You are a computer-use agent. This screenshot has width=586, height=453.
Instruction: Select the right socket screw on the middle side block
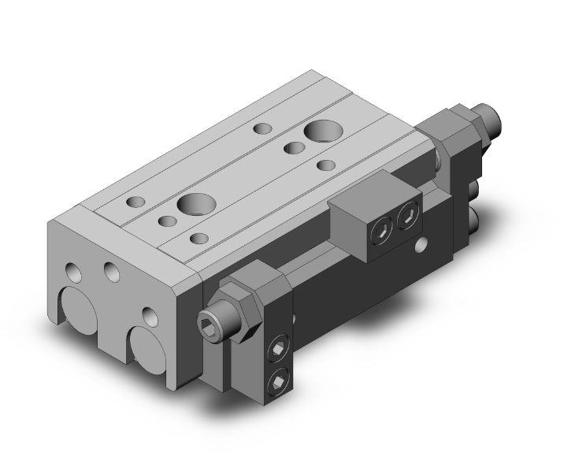point(407,217)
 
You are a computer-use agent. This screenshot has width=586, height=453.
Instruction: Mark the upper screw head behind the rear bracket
point(474,190)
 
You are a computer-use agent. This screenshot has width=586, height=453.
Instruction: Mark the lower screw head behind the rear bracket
point(474,215)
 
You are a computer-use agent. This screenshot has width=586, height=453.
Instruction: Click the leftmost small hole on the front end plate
point(74,273)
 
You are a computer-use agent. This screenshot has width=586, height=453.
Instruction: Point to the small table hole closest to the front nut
point(199,237)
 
